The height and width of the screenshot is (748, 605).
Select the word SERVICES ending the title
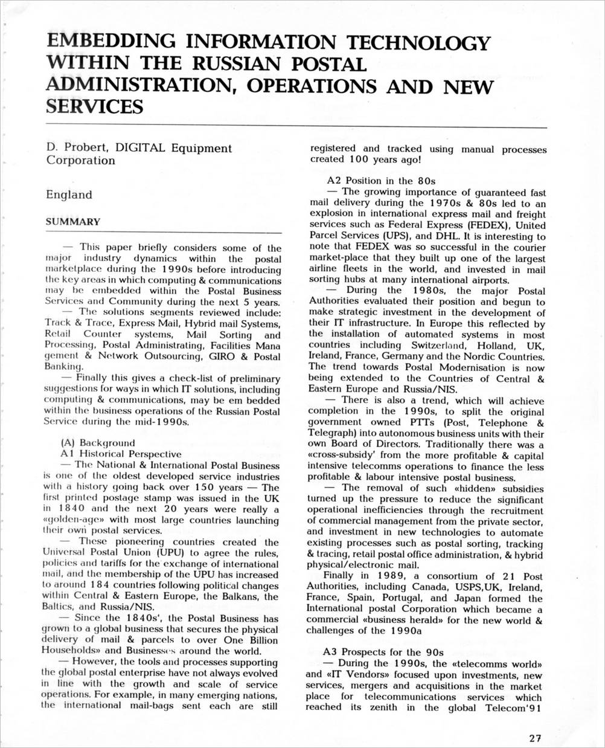[95, 107]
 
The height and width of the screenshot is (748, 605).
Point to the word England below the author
[69, 195]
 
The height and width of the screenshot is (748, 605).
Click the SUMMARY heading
[73, 222]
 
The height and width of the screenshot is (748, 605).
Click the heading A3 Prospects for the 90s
[383, 652]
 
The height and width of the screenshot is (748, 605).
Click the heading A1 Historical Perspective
[121, 454]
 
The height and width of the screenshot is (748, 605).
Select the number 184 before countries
[99, 585]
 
